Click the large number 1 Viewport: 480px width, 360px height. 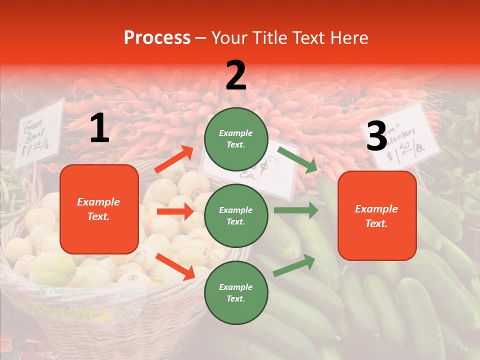(99, 128)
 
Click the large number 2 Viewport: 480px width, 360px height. (236, 75)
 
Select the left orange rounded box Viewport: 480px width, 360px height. (99, 209)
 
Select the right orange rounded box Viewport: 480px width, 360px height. (377, 216)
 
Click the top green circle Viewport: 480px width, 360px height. (236, 139)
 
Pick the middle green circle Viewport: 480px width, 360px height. (236, 216)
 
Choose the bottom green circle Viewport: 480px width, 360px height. (236, 293)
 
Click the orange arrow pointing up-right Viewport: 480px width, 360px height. (174, 159)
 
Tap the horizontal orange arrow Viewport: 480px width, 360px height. (175, 211)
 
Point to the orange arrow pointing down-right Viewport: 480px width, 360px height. (175, 266)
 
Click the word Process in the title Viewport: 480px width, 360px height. (157, 38)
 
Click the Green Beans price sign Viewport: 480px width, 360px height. (39, 132)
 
